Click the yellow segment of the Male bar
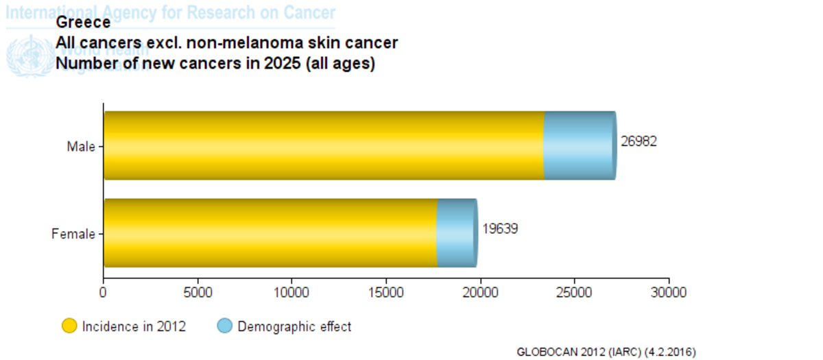324,145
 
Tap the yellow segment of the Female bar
270,233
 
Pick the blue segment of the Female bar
455,233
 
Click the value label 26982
639,141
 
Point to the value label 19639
499,229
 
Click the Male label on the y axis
81,146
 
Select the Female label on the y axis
73,234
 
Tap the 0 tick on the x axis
104,293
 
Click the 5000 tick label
198,293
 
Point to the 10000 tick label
291,293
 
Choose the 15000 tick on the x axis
386,293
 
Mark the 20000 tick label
480,293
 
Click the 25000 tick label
574,293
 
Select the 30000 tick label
669,293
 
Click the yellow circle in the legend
70,326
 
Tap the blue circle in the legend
225,326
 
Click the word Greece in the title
83,22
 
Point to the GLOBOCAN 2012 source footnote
607,352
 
